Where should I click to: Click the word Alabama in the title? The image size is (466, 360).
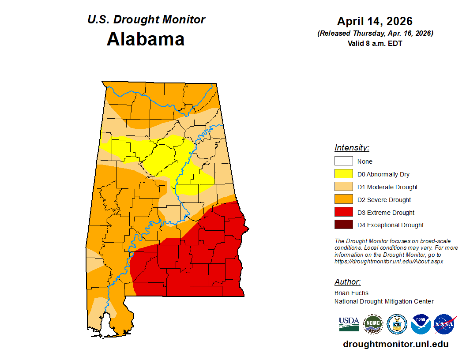[146, 39]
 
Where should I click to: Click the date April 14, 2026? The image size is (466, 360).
[375, 21]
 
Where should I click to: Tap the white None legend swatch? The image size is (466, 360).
[343, 161]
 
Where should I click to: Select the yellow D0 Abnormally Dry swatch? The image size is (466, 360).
[343, 174]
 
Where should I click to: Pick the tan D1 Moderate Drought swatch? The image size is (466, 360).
[343, 187]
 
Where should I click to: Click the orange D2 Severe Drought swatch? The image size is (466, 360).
[343, 200]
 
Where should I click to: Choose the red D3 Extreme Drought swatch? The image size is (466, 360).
[343, 213]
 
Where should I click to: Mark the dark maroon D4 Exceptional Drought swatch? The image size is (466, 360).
[343, 225]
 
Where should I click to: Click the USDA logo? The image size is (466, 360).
[349, 324]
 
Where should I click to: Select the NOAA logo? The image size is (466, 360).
[421, 324]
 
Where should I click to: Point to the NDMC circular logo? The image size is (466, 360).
[373, 324]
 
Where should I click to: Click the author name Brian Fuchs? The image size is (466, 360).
[351, 293]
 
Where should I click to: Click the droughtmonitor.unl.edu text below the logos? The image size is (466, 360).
[395, 344]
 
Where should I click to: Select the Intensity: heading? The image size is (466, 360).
[352, 148]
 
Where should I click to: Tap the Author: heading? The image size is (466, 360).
[347, 282]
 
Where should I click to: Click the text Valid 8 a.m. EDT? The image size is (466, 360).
[375, 43]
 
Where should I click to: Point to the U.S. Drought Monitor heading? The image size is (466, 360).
[146, 20]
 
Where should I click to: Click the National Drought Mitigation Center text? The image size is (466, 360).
[384, 301]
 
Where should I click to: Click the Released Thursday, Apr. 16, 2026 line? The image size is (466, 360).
[375, 34]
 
